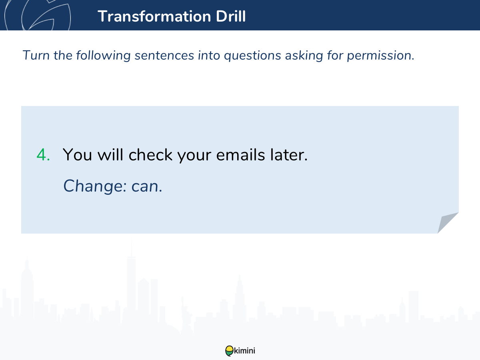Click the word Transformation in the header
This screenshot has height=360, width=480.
tap(154, 16)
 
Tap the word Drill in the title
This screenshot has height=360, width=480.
tap(231, 16)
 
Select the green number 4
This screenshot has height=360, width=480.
tap(43, 155)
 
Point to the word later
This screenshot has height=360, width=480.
tap(289, 155)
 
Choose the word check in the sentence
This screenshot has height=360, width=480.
tap(150, 155)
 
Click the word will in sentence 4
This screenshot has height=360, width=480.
tap(110, 155)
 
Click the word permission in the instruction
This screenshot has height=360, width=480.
tap(380, 56)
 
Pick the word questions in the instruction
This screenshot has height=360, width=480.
tap(252, 56)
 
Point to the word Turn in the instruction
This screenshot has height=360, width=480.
tap(36, 55)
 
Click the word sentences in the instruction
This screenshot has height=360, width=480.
tap(164, 55)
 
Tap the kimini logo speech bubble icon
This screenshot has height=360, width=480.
tap(229, 351)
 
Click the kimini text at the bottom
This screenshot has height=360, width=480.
tap(244, 351)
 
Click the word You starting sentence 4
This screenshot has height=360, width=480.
tap(77, 155)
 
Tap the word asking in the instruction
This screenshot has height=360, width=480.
tap(304, 56)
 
